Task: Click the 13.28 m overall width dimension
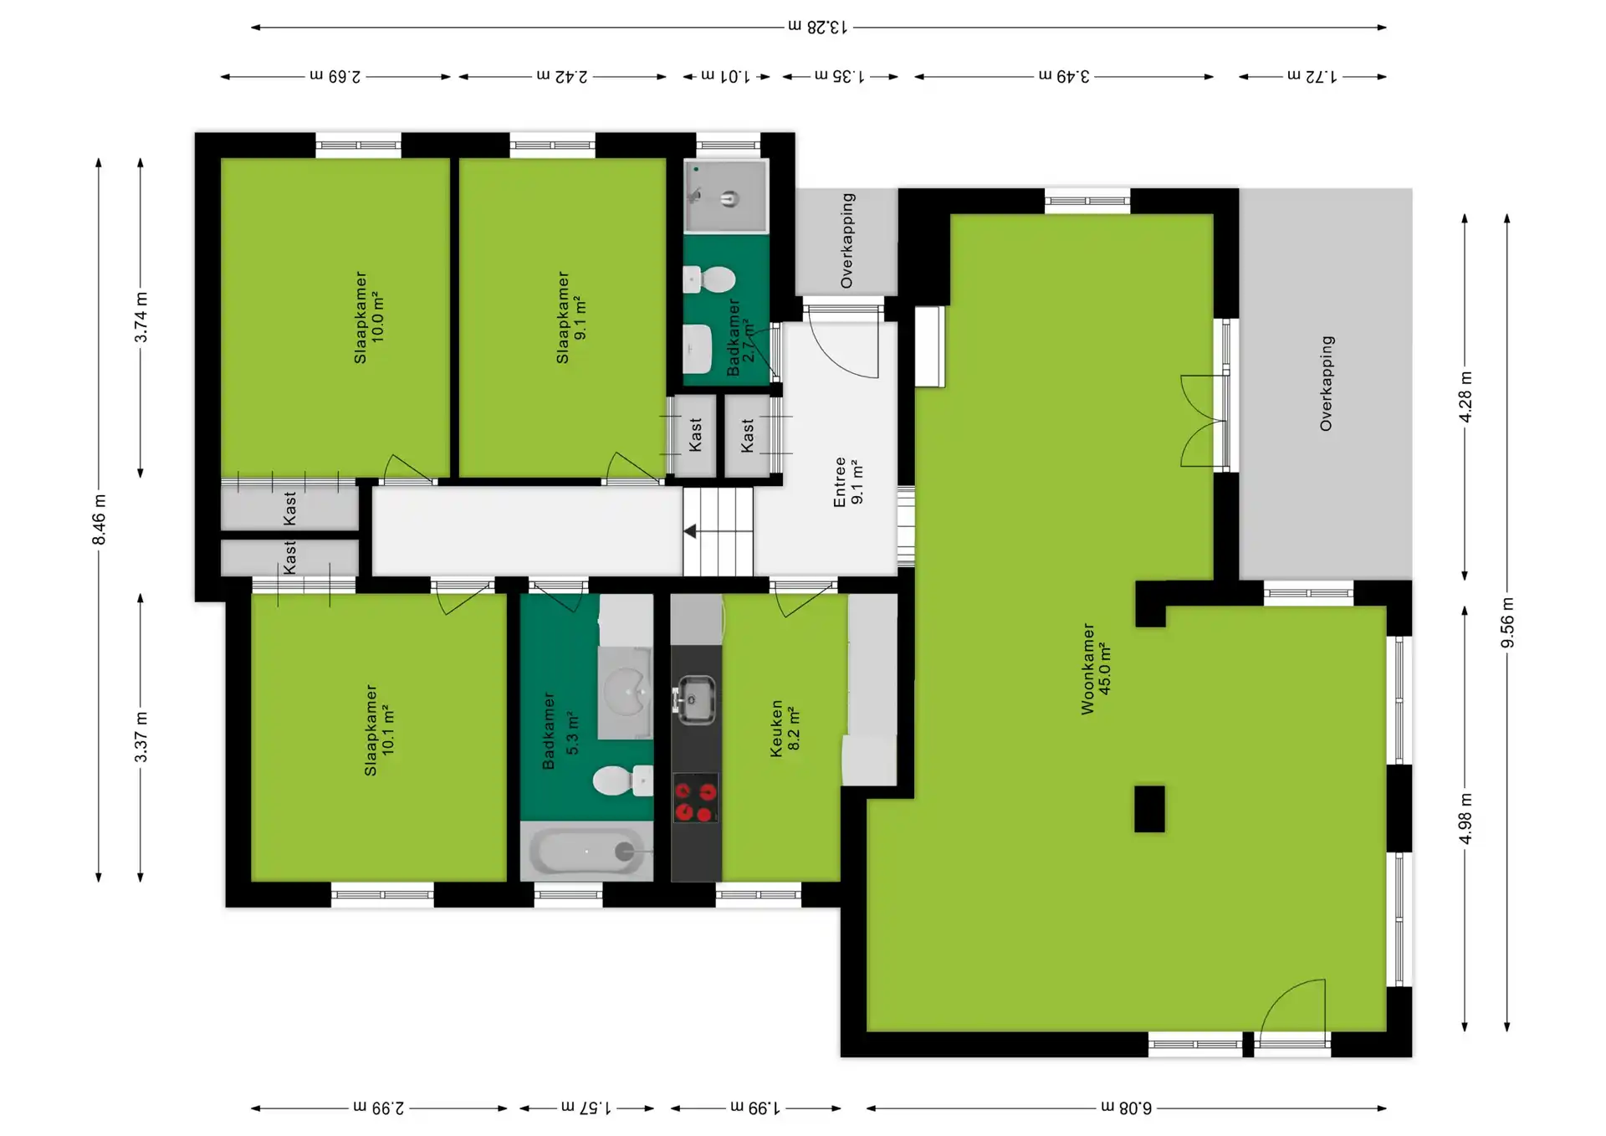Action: (818, 27)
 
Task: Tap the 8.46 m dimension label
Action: (99, 519)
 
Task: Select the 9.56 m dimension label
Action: (1507, 622)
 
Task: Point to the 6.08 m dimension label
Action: (1126, 1108)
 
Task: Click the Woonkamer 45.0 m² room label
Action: (1096, 668)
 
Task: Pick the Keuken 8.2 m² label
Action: (785, 729)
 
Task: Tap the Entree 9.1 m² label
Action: (848, 482)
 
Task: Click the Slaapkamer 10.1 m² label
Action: (379, 730)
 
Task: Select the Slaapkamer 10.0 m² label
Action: (369, 317)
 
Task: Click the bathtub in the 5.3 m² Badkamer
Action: (586, 852)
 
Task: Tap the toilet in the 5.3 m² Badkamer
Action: (622, 780)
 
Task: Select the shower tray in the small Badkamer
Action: (725, 197)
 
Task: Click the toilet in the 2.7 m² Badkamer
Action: (709, 279)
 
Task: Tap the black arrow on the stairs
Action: (690, 531)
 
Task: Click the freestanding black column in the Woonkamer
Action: (1149, 809)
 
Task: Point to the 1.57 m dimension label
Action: (586, 1108)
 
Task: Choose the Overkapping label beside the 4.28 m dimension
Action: (1327, 383)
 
